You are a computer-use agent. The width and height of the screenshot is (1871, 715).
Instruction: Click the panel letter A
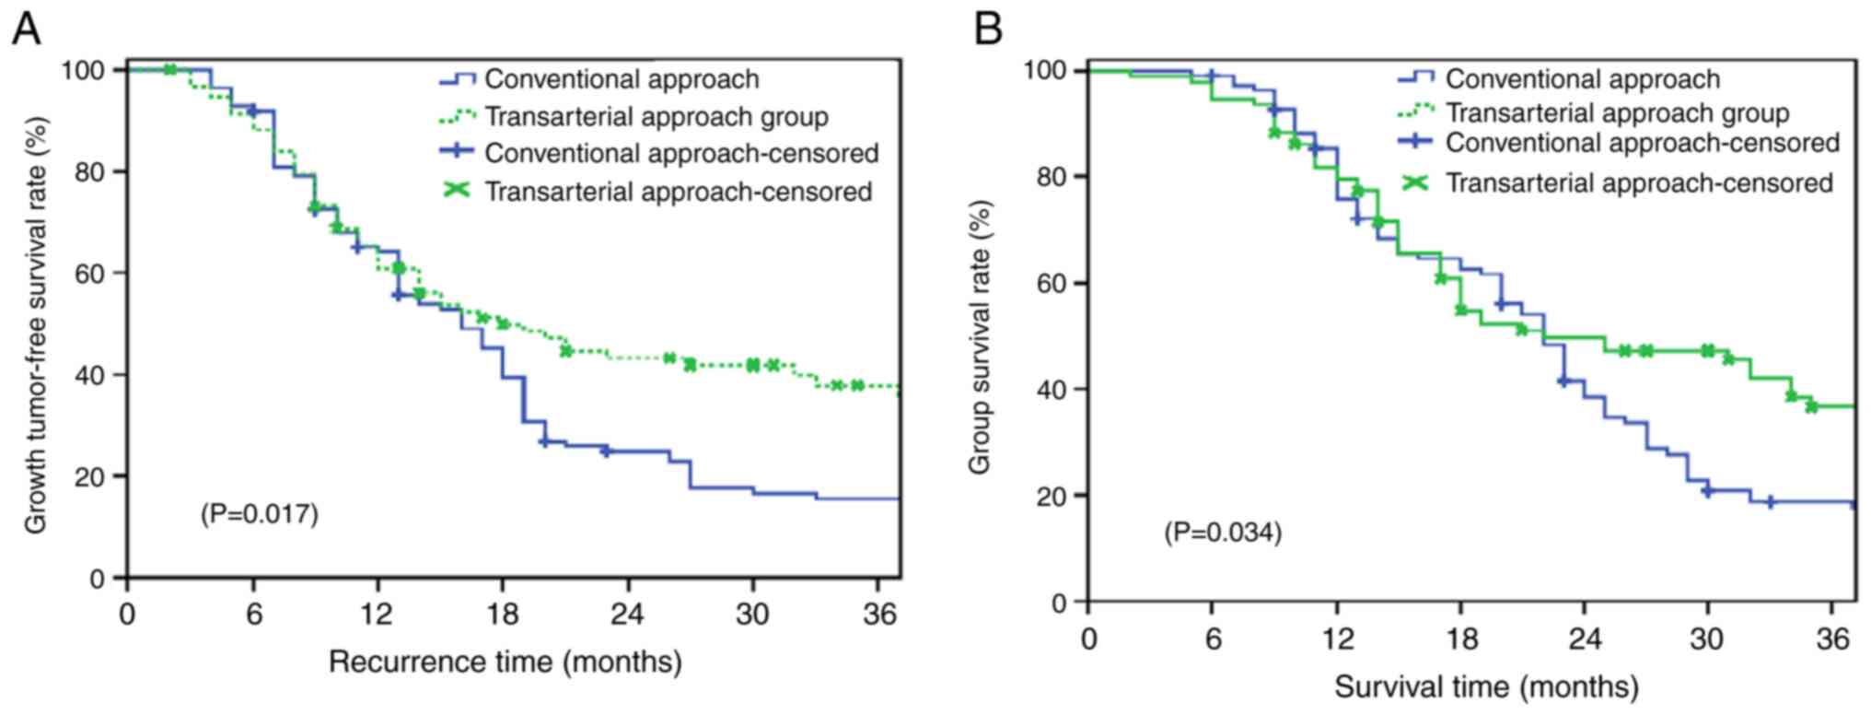coord(26,29)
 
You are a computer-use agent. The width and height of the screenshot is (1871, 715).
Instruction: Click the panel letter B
coord(988,29)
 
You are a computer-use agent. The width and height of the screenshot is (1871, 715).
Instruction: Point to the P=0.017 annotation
coord(260,513)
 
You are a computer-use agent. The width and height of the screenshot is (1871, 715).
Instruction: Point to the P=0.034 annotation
coord(1223,533)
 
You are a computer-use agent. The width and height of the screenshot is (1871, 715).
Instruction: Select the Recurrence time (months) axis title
coord(505,662)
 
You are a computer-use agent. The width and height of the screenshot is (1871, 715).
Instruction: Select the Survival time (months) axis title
coord(1486,686)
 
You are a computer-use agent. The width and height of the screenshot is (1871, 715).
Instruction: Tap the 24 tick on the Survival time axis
coord(1584,639)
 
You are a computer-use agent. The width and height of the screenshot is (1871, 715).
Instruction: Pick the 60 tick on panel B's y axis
coord(1050,283)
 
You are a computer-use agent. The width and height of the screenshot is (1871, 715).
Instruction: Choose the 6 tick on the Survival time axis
coord(1213,639)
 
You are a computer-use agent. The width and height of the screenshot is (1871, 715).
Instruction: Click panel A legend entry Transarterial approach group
coord(656,117)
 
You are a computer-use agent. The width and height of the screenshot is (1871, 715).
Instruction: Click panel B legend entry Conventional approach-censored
coord(1642,143)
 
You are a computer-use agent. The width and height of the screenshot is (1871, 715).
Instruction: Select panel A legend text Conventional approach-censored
coord(681,153)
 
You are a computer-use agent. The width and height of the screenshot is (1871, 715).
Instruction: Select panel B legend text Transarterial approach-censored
coord(1639,183)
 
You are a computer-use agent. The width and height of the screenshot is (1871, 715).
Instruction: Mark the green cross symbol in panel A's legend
coord(457,191)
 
